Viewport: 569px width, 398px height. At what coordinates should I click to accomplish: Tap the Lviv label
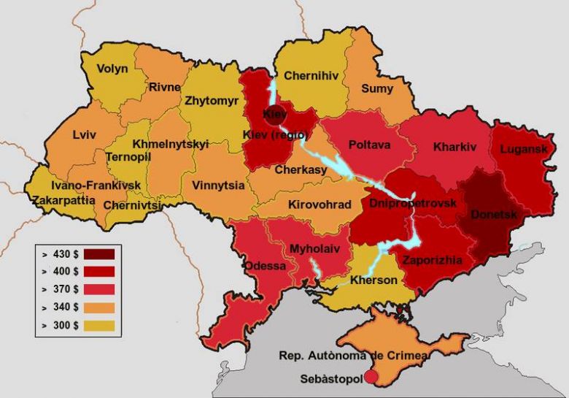tap(85, 134)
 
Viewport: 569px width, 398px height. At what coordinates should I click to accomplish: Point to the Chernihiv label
tap(310, 75)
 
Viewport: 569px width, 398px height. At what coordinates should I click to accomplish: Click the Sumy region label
tap(376, 89)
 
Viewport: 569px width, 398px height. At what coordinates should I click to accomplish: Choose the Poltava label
tap(369, 145)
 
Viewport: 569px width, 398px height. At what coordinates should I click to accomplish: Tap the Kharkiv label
tap(454, 147)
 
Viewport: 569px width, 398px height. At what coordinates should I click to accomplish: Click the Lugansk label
tap(524, 149)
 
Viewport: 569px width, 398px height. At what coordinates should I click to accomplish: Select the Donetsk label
tap(494, 215)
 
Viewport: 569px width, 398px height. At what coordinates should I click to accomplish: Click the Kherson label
tap(374, 280)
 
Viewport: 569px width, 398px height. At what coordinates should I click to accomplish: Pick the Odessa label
tap(265, 265)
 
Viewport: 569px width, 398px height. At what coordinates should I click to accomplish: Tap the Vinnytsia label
tap(219, 185)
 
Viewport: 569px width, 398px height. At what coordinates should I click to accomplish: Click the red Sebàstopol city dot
tap(371, 377)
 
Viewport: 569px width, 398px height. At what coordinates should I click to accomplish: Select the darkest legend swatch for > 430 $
tap(99, 254)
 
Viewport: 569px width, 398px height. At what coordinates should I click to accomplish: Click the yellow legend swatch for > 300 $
tap(99, 325)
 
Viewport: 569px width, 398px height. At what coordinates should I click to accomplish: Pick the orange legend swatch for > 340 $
tap(99, 307)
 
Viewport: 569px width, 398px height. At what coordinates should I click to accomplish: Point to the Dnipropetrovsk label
tap(414, 202)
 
